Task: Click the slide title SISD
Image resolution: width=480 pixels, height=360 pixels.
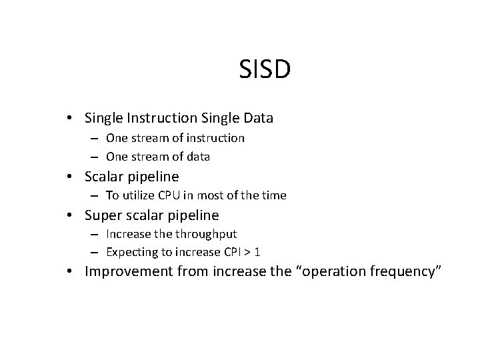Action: coord(265,70)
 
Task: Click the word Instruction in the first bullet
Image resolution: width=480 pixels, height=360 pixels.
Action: coord(160,118)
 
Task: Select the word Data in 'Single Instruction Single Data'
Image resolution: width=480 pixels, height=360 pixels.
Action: coord(255,118)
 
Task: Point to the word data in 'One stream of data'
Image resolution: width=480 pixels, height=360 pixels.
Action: coord(196,157)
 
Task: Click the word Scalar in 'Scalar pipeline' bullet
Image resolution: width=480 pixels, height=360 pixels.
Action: coord(105,177)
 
